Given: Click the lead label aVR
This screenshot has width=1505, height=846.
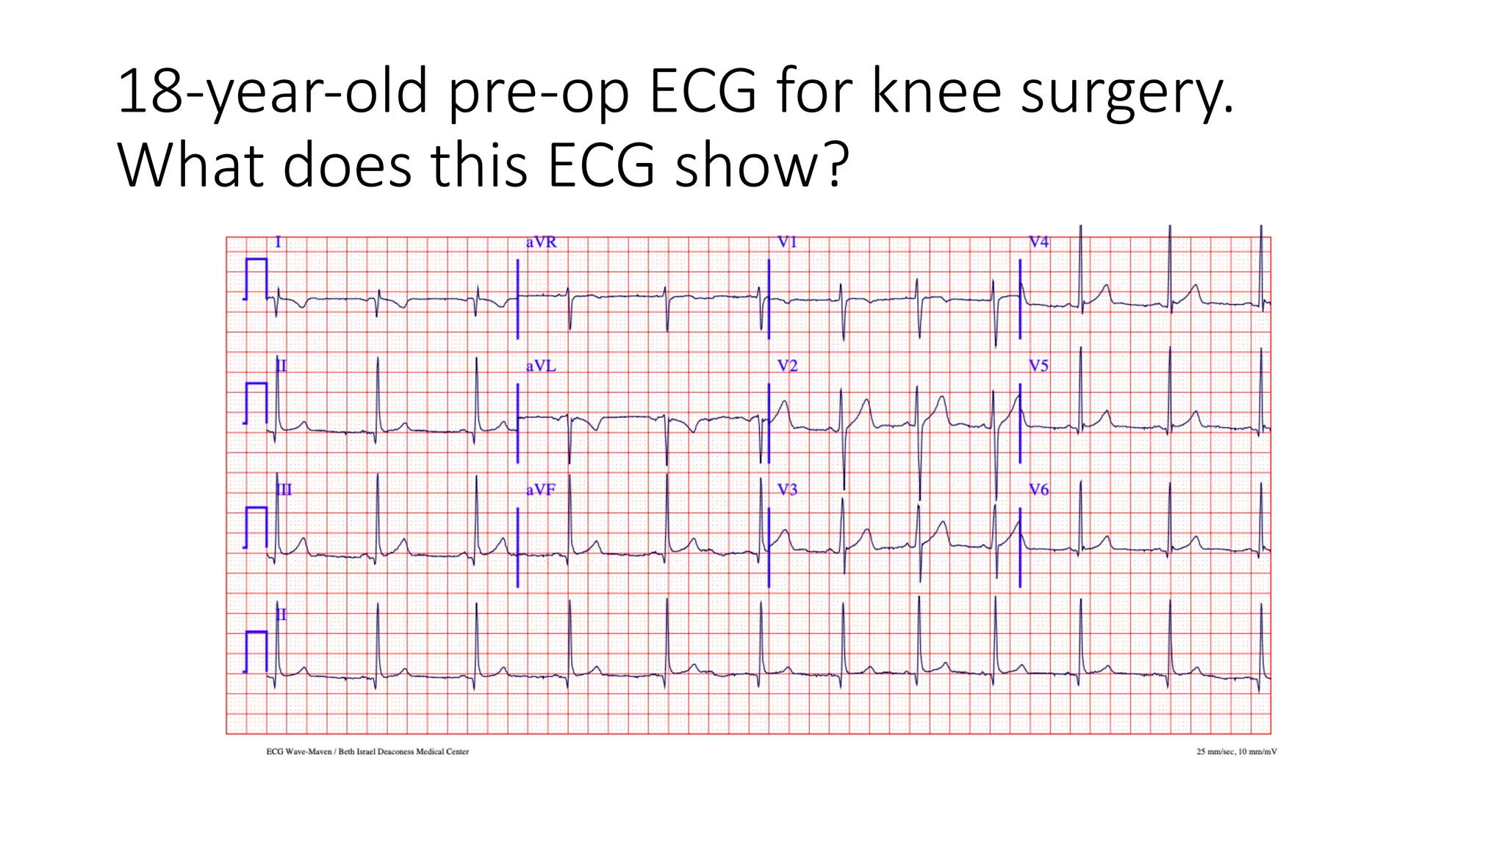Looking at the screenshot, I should pyautogui.click(x=541, y=242).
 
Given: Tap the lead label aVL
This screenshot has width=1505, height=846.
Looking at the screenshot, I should pyautogui.click(x=541, y=366).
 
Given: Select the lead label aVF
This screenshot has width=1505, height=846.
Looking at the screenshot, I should pyautogui.click(x=540, y=490).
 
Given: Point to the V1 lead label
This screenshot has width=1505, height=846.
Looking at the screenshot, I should pyautogui.click(x=787, y=242).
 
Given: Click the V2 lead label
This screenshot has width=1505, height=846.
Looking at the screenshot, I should pyautogui.click(x=787, y=366).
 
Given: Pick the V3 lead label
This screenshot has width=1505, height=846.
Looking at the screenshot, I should pyautogui.click(x=787, y=490).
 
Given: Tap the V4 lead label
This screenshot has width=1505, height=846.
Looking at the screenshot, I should pyautogui.click(x=1038, y=242).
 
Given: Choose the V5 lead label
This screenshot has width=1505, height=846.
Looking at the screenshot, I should pyautogui.click(x=1038, y=366).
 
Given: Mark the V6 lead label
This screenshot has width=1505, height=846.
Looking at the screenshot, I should pyautogui.click(x=1038, y=490).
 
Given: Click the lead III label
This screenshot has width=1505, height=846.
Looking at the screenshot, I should pyautogui.click(x=284, y=490).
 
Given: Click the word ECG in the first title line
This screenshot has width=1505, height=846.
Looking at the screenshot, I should pyautogui.click(x=702, y=91).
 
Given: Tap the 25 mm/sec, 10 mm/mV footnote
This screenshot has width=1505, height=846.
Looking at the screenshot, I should pyautogui.click(x=1236, y=751).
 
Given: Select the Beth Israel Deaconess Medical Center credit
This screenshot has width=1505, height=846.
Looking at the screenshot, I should pyautogui.click(x=403, y=751).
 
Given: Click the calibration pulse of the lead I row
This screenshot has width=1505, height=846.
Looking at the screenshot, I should pyautogui.click(x=255, y=279).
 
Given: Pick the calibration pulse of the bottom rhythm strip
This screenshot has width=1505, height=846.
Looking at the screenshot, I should pyautogui.click(x=255, y=651).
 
